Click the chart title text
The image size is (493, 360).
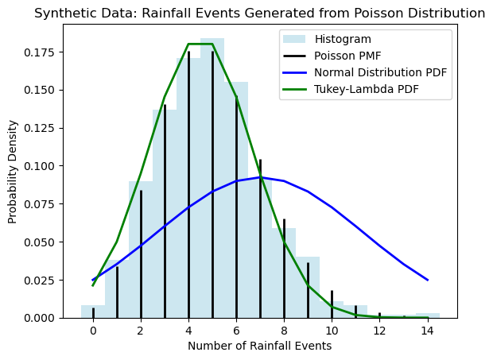[259, 14]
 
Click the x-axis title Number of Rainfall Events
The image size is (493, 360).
[259, 346]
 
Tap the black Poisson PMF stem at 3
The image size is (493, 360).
[165, 215]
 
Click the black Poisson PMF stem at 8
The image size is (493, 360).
[284, 270]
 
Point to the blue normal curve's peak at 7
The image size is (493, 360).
[260, 177]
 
